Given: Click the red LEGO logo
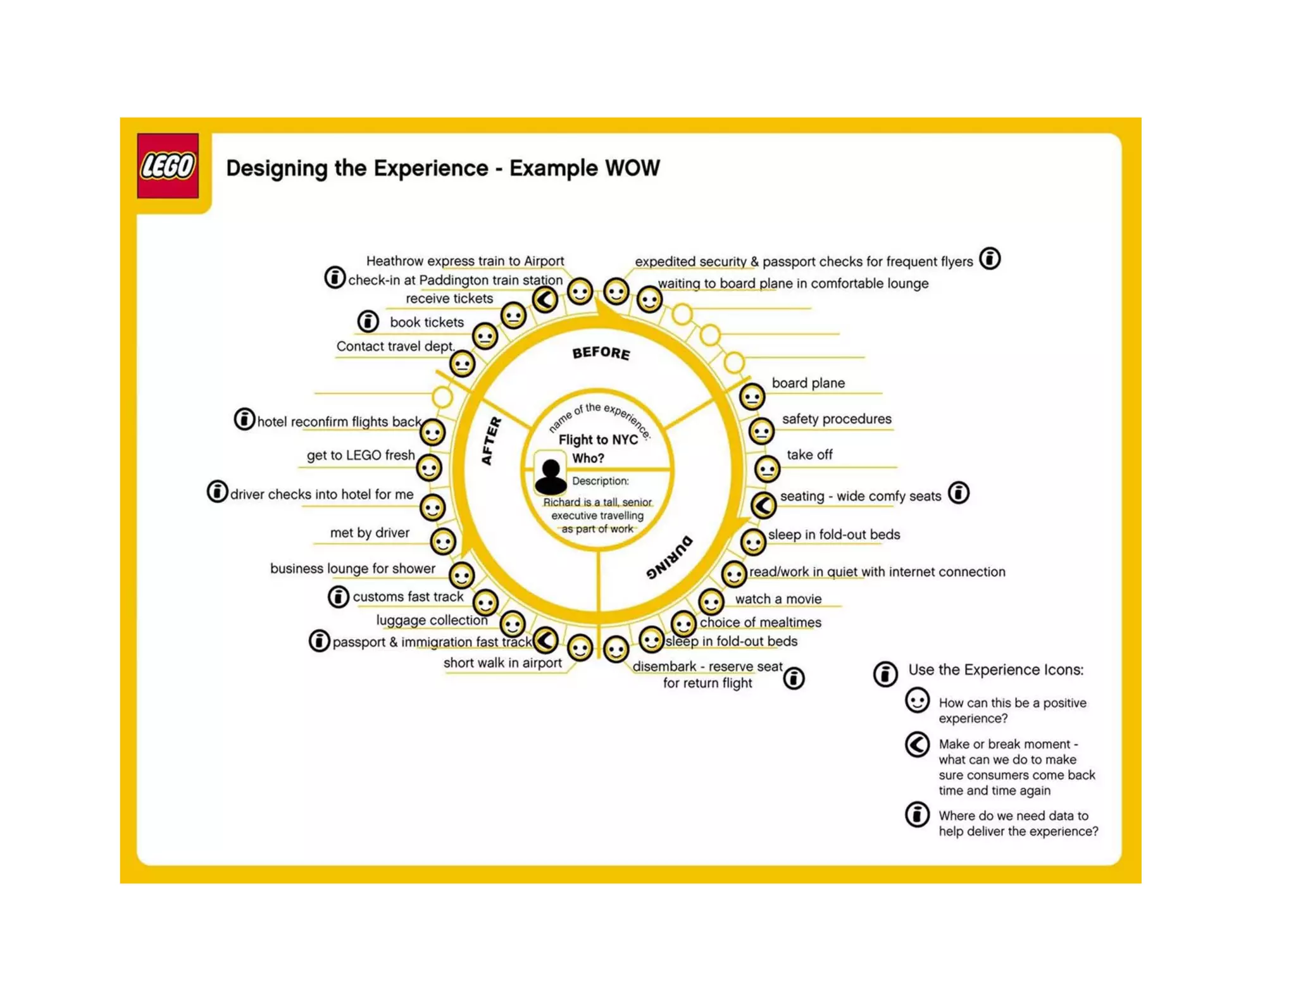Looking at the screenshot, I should click(168, 166).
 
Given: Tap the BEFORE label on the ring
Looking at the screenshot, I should click(601, 353).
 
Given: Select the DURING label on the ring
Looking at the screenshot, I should click(670, 557).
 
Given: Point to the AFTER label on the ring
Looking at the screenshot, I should click(491, 441).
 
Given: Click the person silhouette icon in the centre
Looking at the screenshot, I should click(550, 476).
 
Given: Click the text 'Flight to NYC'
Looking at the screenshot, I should click(598, 440).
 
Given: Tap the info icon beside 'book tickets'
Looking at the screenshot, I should click(368, 321).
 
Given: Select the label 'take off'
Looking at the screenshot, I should click(809, 455).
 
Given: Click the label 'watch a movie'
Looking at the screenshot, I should click(778, 599).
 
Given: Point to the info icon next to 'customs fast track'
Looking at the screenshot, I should click(339, 597).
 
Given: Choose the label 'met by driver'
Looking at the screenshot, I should click(370, 533).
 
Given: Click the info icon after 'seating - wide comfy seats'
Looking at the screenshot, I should click(959, 493).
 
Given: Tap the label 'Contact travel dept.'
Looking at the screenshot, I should click(396, 346).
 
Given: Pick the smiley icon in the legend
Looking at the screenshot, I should click(917, 701).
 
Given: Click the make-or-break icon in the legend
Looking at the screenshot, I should click(917, 745).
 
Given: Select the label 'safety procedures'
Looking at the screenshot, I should click(836, 419).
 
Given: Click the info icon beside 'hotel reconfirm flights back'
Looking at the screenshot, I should click(244, 419).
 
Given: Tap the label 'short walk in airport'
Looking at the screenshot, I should click(502, 663).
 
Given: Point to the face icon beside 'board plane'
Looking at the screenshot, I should click(752, 397).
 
